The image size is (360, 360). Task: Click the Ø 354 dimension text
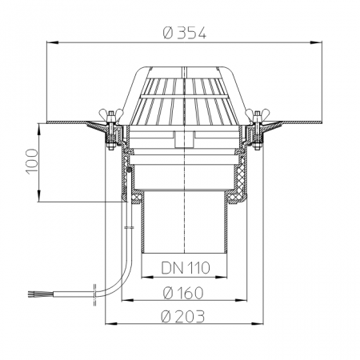pos(185,34)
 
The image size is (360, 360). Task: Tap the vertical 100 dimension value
pos(32,162)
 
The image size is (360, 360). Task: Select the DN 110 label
pos(186,268)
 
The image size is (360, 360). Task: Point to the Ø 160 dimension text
pos(183,293)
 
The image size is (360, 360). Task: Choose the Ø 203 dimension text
pos(183,316)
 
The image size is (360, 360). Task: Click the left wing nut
pos(110,115)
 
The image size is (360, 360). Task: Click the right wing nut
pos(257,115)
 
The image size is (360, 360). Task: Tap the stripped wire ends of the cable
pos(32,294)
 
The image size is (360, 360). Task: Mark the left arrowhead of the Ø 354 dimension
pos(53,42)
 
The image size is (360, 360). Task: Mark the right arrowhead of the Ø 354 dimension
pos(316,42)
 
